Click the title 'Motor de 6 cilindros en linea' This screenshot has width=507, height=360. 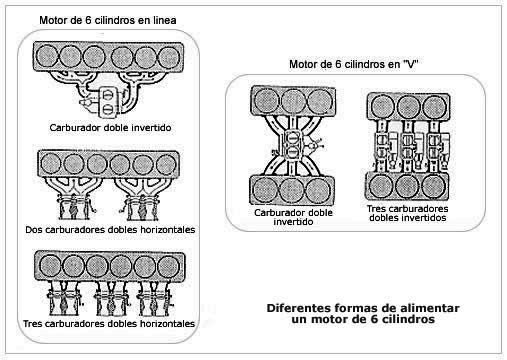108,20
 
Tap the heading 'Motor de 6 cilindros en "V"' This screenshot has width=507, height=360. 353,64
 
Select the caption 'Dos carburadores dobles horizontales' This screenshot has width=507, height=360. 110,230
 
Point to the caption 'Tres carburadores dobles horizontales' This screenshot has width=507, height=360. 109,324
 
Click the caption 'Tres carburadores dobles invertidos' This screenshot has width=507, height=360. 407,213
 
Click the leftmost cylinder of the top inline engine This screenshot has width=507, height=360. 46,56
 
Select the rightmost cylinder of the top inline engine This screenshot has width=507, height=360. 169,57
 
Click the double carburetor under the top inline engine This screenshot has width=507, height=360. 108,102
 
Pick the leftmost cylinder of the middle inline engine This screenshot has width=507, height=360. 50,164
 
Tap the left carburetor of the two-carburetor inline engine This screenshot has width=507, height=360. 74,207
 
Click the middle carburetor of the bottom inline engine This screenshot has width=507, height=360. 111,301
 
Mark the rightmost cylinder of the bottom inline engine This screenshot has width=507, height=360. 169,267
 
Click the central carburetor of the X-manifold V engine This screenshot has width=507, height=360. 293,144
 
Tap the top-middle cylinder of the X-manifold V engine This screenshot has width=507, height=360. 293,101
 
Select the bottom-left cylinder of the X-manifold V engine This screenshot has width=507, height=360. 265,190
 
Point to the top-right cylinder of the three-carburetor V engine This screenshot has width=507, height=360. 435,107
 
